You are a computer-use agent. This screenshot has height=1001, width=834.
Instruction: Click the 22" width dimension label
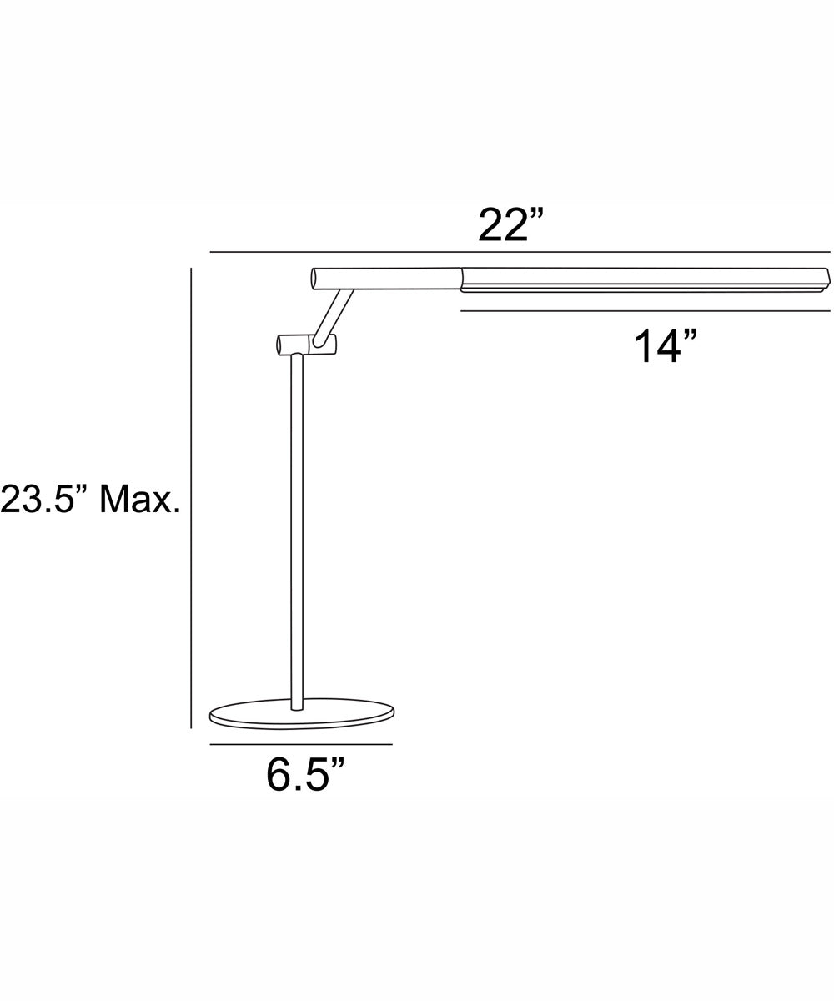[x=510, y=225]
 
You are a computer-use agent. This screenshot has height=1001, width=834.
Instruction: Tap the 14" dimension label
[x=665, y=346]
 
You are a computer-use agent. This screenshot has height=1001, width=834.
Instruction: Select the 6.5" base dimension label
[x=305, y=776]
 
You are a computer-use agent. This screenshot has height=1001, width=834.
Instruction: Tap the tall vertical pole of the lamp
[x=297, y=534]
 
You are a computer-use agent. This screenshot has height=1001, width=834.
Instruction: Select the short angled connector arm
[x=333, y=315]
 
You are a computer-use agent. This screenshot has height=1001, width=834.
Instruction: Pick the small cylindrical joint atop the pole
[x=307, y=344]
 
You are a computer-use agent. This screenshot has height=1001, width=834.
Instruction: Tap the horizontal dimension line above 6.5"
[x=300, y=744]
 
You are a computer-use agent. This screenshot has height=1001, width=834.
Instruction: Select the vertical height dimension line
[x=191, y=500]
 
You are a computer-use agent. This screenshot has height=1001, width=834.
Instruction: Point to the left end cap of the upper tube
[x=314, y=279]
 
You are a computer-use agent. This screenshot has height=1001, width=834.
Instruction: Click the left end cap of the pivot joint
[x=279, y=345]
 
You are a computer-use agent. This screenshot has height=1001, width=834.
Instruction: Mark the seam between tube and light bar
[x=461, y=279]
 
